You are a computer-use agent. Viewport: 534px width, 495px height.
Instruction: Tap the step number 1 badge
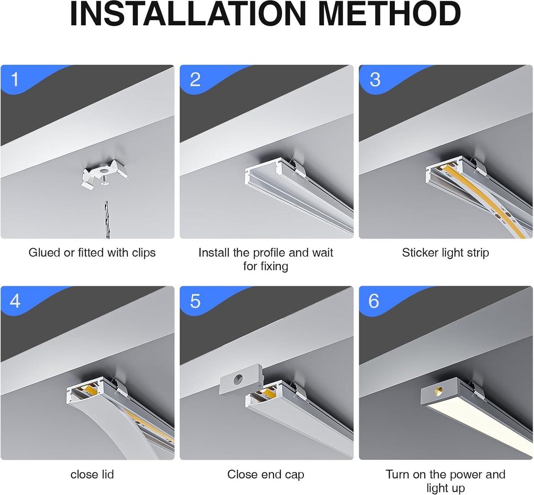[15, 80]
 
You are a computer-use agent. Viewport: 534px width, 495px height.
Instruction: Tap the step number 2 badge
[195, 80]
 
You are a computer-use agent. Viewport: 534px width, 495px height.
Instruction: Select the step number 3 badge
[375, 80]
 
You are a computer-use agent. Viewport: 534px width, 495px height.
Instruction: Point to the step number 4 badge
[15, 302]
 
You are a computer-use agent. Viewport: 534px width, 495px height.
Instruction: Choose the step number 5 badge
[195, 302]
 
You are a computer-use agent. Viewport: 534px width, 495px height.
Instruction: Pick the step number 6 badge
[374, 302]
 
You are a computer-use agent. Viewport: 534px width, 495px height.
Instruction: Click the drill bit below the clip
[106, 218]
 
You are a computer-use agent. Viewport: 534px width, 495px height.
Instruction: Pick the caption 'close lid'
[92, 474]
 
